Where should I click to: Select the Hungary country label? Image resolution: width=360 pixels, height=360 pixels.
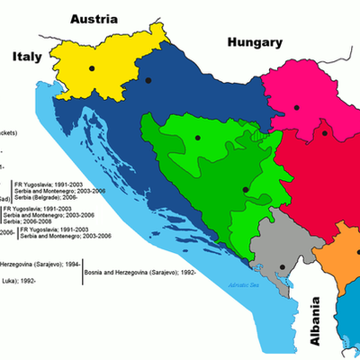[255, 41]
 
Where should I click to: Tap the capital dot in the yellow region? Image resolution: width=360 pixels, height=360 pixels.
[93, 67]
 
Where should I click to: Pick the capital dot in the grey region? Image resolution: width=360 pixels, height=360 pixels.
[282, 267]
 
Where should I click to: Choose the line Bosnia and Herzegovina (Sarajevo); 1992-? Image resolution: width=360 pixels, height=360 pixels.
[140, 272]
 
